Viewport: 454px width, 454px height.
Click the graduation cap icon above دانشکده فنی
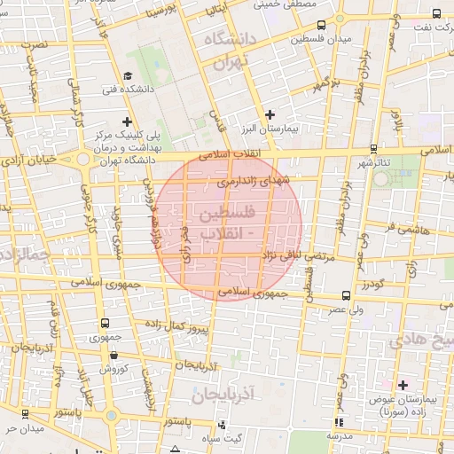point(128,76)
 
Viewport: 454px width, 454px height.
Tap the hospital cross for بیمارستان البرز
point(271,113)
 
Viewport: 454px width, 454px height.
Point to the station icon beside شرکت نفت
point(436,12)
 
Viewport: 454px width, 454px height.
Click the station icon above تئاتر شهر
point(373,148)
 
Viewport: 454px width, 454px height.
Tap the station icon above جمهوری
point(106,324)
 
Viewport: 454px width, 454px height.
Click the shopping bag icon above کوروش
point(113,354)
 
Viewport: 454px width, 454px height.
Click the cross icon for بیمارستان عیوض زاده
point(403,385)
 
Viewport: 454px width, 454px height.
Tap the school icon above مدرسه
point(335,423)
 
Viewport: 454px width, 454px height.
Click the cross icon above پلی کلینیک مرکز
point(128,121)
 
